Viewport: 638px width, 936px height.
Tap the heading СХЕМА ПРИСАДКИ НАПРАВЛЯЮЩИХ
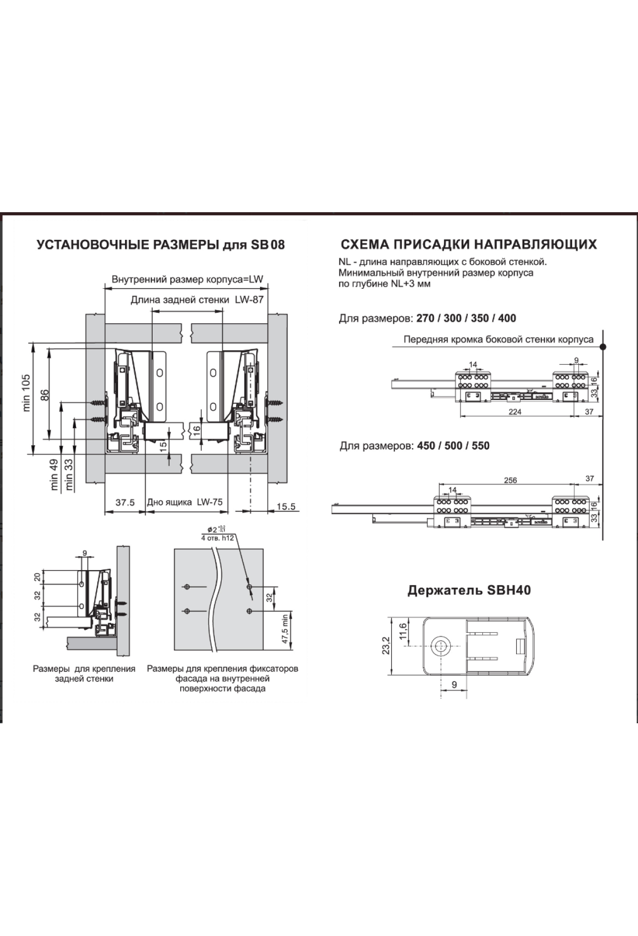[x=468, y=244]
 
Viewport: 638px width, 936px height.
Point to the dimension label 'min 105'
[x=27, y=393]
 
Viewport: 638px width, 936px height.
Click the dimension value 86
[x=45, y=395]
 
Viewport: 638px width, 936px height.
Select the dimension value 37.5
[x=124, y=503]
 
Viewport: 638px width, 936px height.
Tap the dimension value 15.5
[x=286, y=506]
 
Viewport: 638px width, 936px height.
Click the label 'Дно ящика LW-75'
[x=185, y=502]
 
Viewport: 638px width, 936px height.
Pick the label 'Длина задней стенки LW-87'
[x=197, y=300]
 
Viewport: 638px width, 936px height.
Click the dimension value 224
[x=515, y=412]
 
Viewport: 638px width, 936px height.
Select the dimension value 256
[x=510, y=480]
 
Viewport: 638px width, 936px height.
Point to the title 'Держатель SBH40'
[x=469, y=590]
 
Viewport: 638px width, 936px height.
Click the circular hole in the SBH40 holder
[x=441, y=646]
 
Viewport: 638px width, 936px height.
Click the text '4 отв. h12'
[x=217, y=538]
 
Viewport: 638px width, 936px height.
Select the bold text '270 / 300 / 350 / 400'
[x=466, y=319]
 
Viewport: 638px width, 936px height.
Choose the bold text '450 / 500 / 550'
[x=454, y=446]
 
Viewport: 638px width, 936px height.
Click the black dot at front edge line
[x=602, y=347]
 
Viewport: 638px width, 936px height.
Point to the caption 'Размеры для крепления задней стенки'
[x=84, y=673]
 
